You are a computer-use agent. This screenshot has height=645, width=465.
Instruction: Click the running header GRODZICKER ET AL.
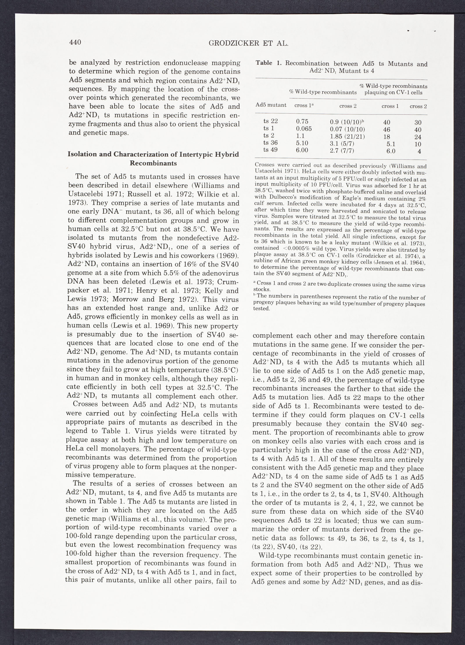click(x=248, y=44)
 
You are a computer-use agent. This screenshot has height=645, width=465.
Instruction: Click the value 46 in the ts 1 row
click(x=387, y=130)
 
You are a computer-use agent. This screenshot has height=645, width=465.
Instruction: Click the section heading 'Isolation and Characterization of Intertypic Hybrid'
click(x=153, y=154)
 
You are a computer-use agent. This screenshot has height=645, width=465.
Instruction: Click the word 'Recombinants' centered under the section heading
click(x=153, y=163)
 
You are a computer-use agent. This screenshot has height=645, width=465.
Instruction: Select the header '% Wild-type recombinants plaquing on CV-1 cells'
click(x=394, y=89)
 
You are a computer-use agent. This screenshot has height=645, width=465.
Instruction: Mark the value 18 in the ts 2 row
click(x=387, y=137)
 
